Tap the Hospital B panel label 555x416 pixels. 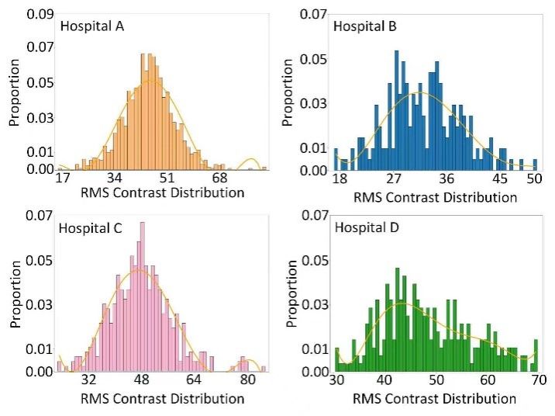click(365, 26)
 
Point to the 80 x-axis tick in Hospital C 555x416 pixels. click(247, 381)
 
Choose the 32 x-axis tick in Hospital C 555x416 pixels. click(89, 381)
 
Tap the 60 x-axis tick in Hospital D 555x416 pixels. click(487, 381)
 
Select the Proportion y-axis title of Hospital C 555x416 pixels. click(14, 297)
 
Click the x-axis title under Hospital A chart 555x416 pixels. click(162, 192)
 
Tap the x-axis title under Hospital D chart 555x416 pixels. click(435, 398)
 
